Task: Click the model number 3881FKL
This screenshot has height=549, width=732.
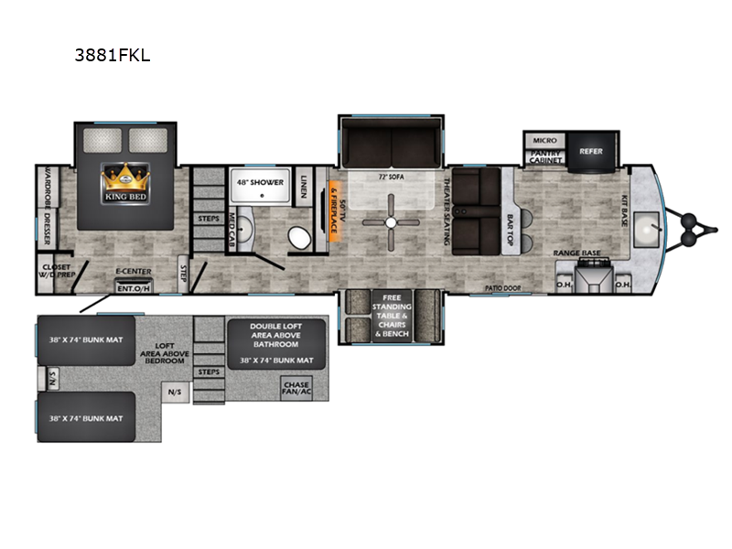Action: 113,56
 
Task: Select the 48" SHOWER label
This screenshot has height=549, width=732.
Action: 258,180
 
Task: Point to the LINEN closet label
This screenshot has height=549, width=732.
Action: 304,188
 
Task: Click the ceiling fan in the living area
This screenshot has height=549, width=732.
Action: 391,222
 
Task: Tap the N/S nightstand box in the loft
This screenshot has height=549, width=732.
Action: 174,394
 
